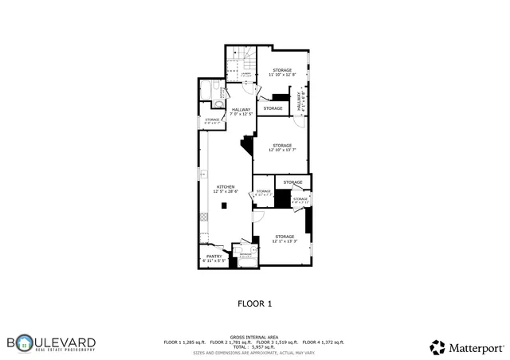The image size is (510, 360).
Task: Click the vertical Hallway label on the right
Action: pos(302,100)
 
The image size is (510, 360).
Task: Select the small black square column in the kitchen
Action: pos(225,205)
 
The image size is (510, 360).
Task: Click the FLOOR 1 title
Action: pos(255,303)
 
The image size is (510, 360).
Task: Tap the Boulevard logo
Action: pos(53,344)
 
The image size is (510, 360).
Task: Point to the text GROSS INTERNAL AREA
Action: pos(254,337)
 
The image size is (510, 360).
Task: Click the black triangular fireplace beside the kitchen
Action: pos(249,146)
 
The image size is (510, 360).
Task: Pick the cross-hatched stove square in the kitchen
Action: pos(203,217)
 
